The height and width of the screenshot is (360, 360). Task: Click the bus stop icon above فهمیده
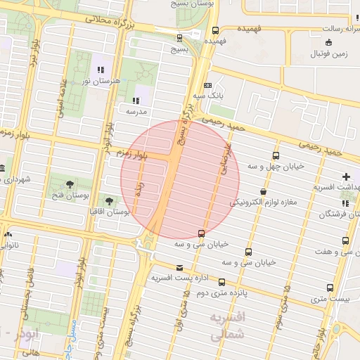point(214,31)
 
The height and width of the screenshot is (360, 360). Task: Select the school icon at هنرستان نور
point(101,70)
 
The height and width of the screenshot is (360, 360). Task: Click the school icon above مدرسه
point(135,100)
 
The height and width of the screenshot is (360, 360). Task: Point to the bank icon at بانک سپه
point(207,86)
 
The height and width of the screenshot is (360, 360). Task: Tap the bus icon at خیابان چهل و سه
point(276,156)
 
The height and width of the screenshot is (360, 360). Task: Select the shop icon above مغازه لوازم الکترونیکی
point(263,191)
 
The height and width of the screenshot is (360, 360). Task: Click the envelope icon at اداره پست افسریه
point(180,268)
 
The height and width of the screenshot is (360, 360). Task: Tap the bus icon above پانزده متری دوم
point(221,282)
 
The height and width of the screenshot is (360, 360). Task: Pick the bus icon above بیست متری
point(330,288)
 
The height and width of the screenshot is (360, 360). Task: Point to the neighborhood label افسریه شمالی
point(226,327)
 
